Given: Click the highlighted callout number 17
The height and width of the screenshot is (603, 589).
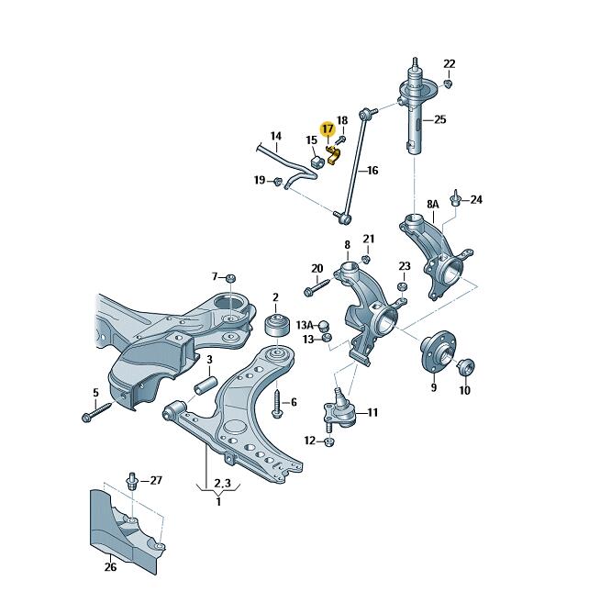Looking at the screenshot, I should coord(327,129).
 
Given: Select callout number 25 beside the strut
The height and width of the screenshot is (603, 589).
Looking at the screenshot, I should coord(439,119).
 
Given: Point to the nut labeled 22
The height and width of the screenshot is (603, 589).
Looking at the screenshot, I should coord(447,84).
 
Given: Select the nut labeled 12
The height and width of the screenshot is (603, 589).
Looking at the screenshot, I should coord(330,441).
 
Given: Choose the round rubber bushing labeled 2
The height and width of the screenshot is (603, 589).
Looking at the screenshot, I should coord(274,328).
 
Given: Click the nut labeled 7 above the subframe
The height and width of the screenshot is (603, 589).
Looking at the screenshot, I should coord(231,276).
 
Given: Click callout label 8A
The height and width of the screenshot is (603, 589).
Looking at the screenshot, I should coord(433,203).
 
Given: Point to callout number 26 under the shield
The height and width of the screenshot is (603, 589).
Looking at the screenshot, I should coord(111,566).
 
